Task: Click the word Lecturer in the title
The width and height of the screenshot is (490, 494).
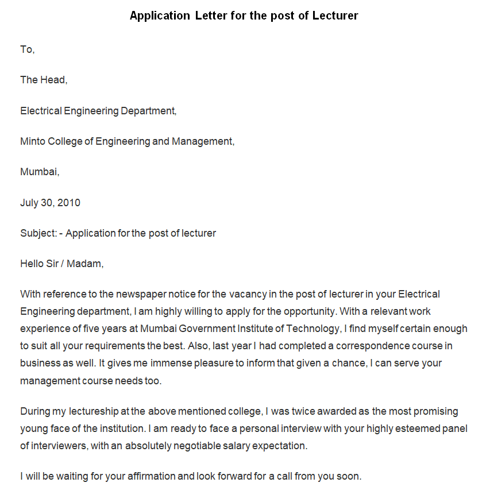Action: point(335,16)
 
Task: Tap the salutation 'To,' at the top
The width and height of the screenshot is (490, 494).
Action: point(28,49)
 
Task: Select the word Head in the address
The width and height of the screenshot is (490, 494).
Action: point(53,80)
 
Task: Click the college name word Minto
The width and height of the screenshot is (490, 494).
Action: point(33,141)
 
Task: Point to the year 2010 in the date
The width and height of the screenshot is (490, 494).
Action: point(69,202)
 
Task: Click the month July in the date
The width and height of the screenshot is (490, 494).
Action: point(30,202)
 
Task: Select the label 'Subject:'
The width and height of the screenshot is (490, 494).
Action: point(38,233)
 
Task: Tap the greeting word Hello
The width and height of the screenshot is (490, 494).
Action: point(33,264)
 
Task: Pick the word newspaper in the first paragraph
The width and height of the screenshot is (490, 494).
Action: point(140,294)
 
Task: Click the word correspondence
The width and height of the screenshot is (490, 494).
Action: point(372,346)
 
